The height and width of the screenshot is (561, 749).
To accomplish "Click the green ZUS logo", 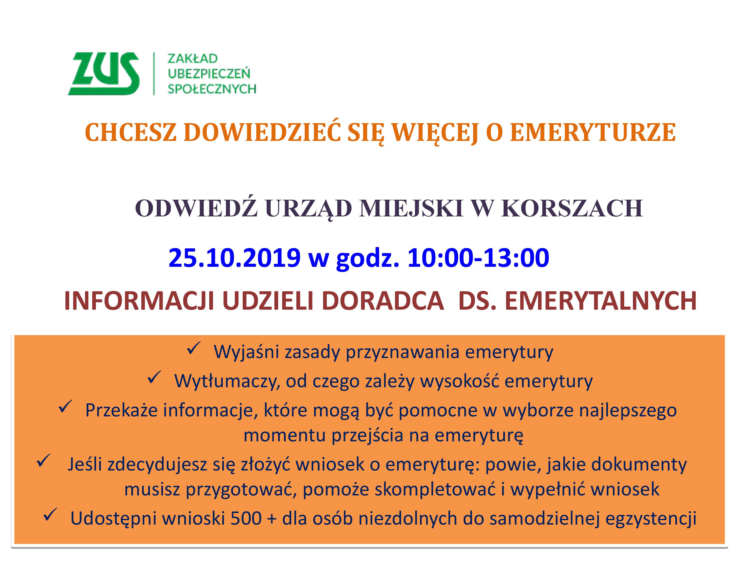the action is point(104,74).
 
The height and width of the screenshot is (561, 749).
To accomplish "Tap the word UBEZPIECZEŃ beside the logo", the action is point(209,74).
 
